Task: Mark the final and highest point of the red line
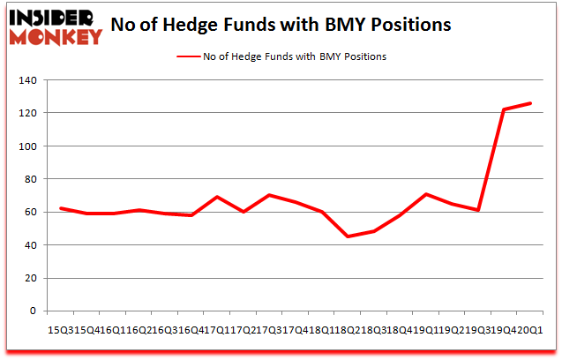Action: pyautogui.click(x=530, y=103)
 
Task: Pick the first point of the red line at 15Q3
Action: pyautogui.click(x=60, y=208)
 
